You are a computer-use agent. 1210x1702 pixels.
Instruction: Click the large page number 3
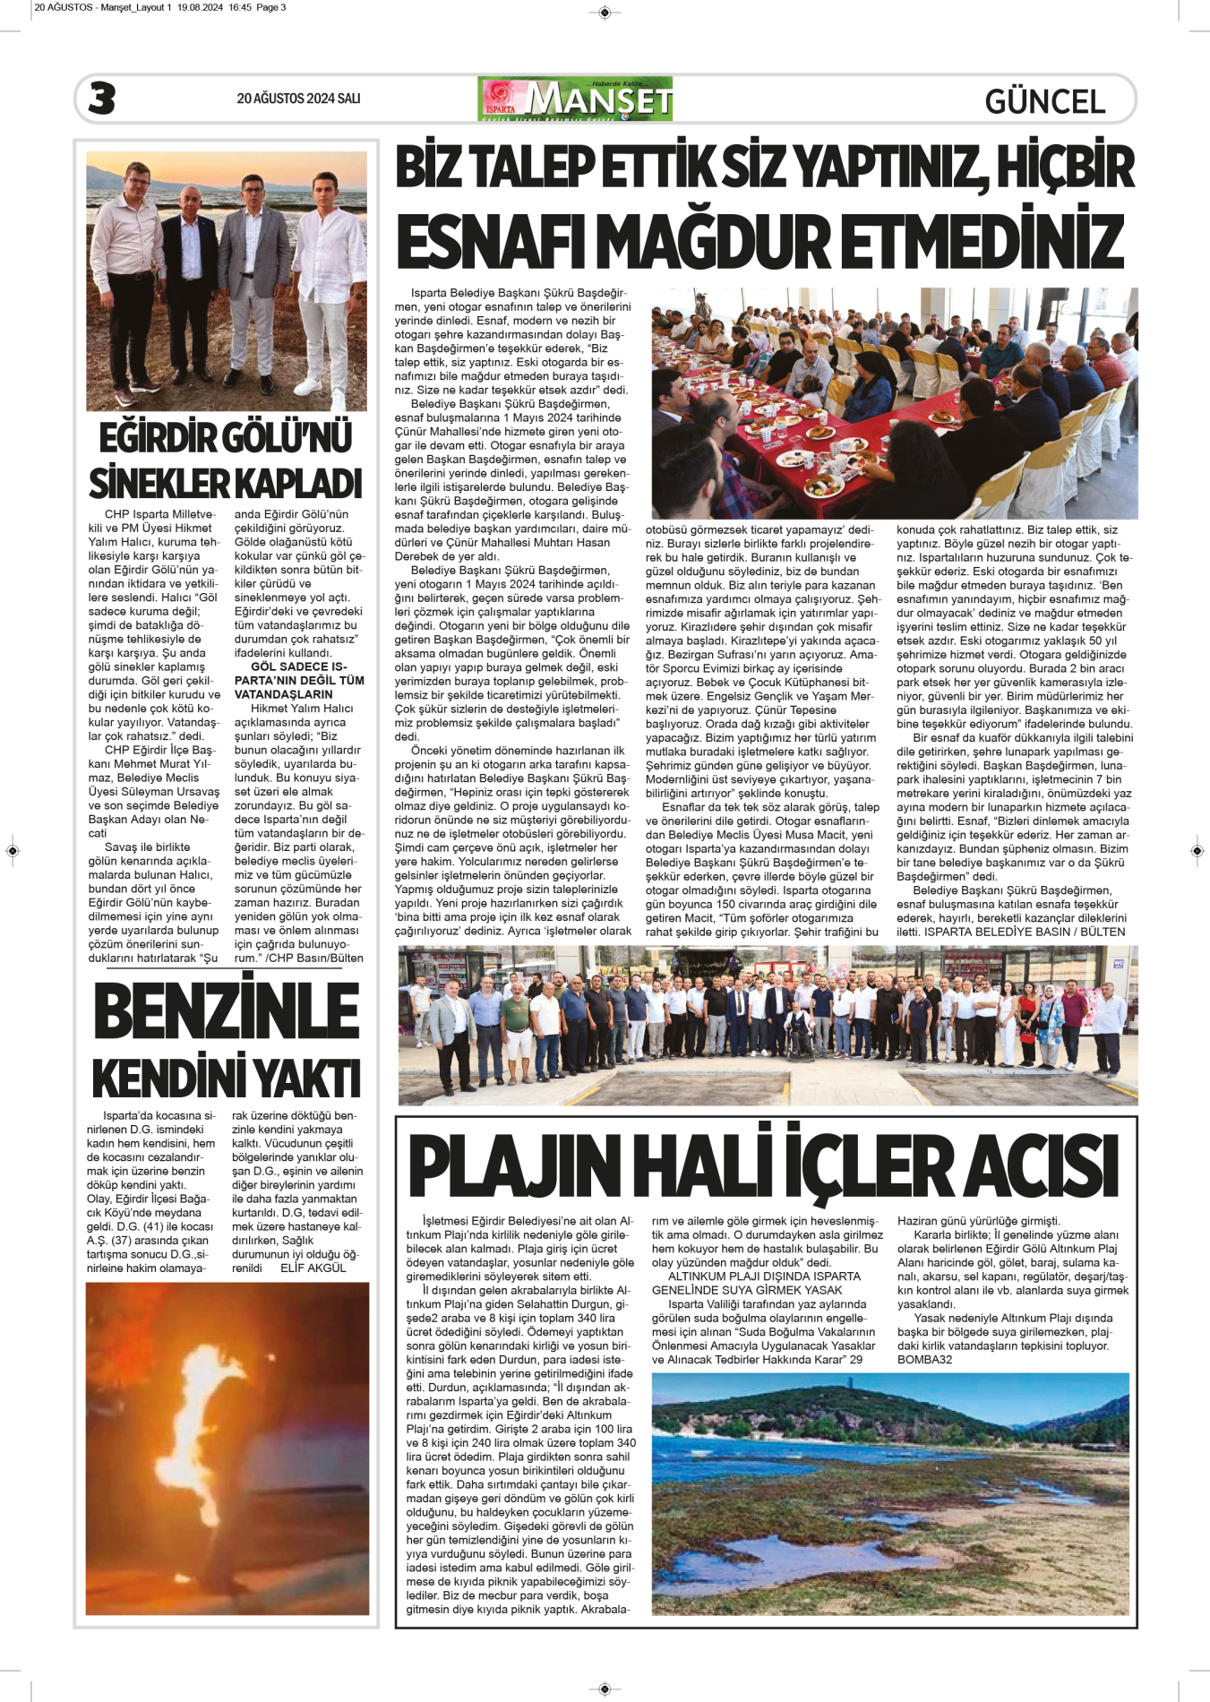[102, 98]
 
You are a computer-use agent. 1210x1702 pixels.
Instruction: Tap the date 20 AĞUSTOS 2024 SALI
[298, 99]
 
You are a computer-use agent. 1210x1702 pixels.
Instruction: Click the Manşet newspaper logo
[575, 99]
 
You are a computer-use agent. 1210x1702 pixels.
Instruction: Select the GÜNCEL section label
[1044, 101]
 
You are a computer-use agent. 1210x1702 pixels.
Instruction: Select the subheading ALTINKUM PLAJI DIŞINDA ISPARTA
[764, 1276]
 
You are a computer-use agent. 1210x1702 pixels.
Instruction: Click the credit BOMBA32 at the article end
[924, 1360]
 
